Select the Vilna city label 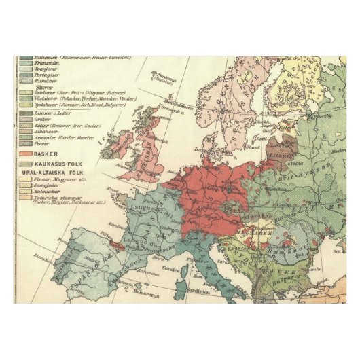point(294,165)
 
